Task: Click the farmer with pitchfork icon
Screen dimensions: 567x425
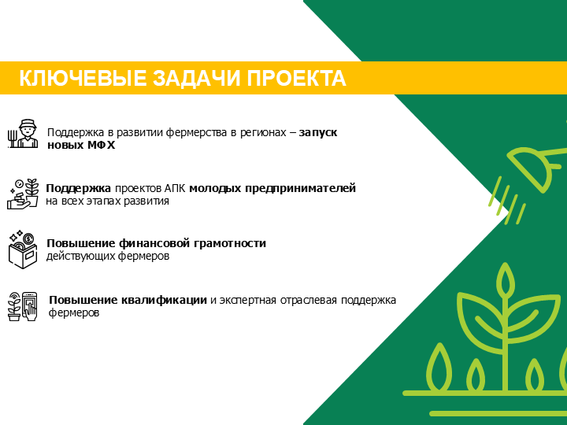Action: [23, 133]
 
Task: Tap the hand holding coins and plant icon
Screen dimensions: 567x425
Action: [23, 194]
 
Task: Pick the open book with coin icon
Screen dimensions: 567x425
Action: [22, 249]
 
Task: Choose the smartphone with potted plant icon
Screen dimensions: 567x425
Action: [22, 306]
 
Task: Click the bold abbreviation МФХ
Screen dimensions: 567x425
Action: [102, 146]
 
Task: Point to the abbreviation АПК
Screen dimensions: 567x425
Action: [175, 189]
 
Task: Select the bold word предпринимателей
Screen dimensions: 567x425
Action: [301, 189]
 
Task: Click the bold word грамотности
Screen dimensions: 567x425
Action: [230, 243]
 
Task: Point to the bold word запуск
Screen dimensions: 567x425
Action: [318, 133]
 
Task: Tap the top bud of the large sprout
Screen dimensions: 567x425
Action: [505, 279]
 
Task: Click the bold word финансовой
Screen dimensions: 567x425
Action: [155, 243]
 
